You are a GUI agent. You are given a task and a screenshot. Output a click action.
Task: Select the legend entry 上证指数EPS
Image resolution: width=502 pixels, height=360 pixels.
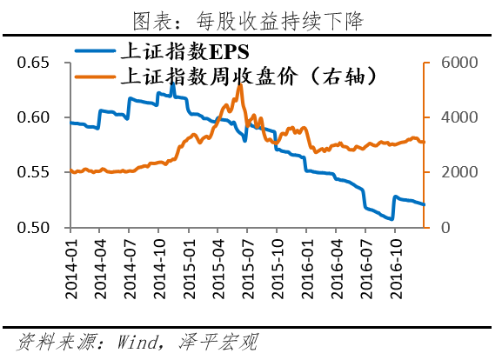click(x=173, y=51)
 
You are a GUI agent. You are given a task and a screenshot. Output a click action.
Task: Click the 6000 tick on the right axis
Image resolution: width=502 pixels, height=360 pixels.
click(x=452, y=63)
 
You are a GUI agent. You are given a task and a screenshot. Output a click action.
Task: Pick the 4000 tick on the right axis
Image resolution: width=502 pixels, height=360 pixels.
click(x=452, y=117)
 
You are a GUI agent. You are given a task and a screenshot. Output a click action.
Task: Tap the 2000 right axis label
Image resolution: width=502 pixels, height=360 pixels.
click(x=452, y=172)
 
